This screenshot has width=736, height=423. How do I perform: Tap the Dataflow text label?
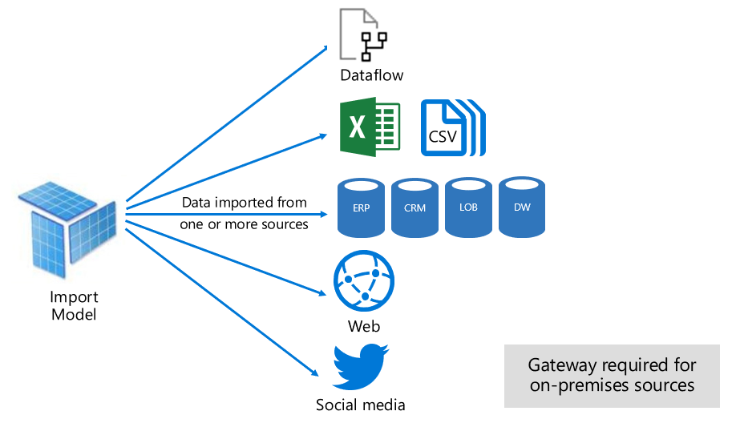(x=371, y=76)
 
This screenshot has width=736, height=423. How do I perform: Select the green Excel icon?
(x=370, y=127)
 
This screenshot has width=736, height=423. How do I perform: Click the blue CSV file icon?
(x=452, y=127)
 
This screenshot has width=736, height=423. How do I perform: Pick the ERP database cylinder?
(x=362, y=207)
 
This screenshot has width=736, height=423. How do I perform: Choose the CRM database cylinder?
(x=415, y=207)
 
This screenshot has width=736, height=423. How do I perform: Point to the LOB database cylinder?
(x=468, y=207)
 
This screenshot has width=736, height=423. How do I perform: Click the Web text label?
(x=364, y=327)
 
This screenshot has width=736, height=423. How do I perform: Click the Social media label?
(x=361, y=405)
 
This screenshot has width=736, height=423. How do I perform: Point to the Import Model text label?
(x=74, y=306)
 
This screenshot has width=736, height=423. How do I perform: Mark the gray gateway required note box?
(x=612, y=375)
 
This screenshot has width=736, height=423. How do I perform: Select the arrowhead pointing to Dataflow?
(x=326, y=47)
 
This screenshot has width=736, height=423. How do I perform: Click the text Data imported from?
(x=244, y=203)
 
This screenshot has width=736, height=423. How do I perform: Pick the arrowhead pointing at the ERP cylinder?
(x=325, y=215)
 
